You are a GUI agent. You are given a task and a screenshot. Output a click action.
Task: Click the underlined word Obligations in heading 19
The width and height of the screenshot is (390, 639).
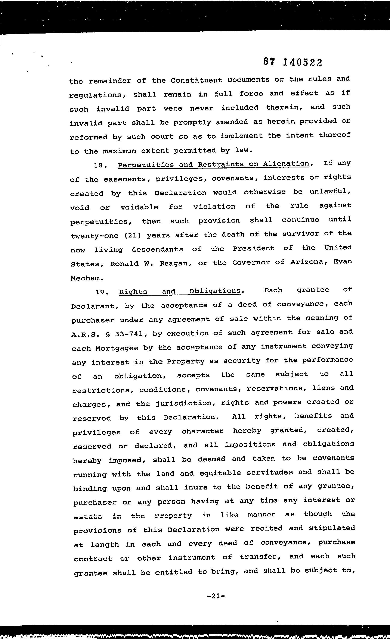point(215,291)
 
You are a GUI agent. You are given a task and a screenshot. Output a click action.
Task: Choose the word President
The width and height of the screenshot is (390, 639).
point(253,248)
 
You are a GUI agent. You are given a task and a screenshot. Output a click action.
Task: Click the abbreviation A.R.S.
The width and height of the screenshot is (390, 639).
point(81,334)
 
